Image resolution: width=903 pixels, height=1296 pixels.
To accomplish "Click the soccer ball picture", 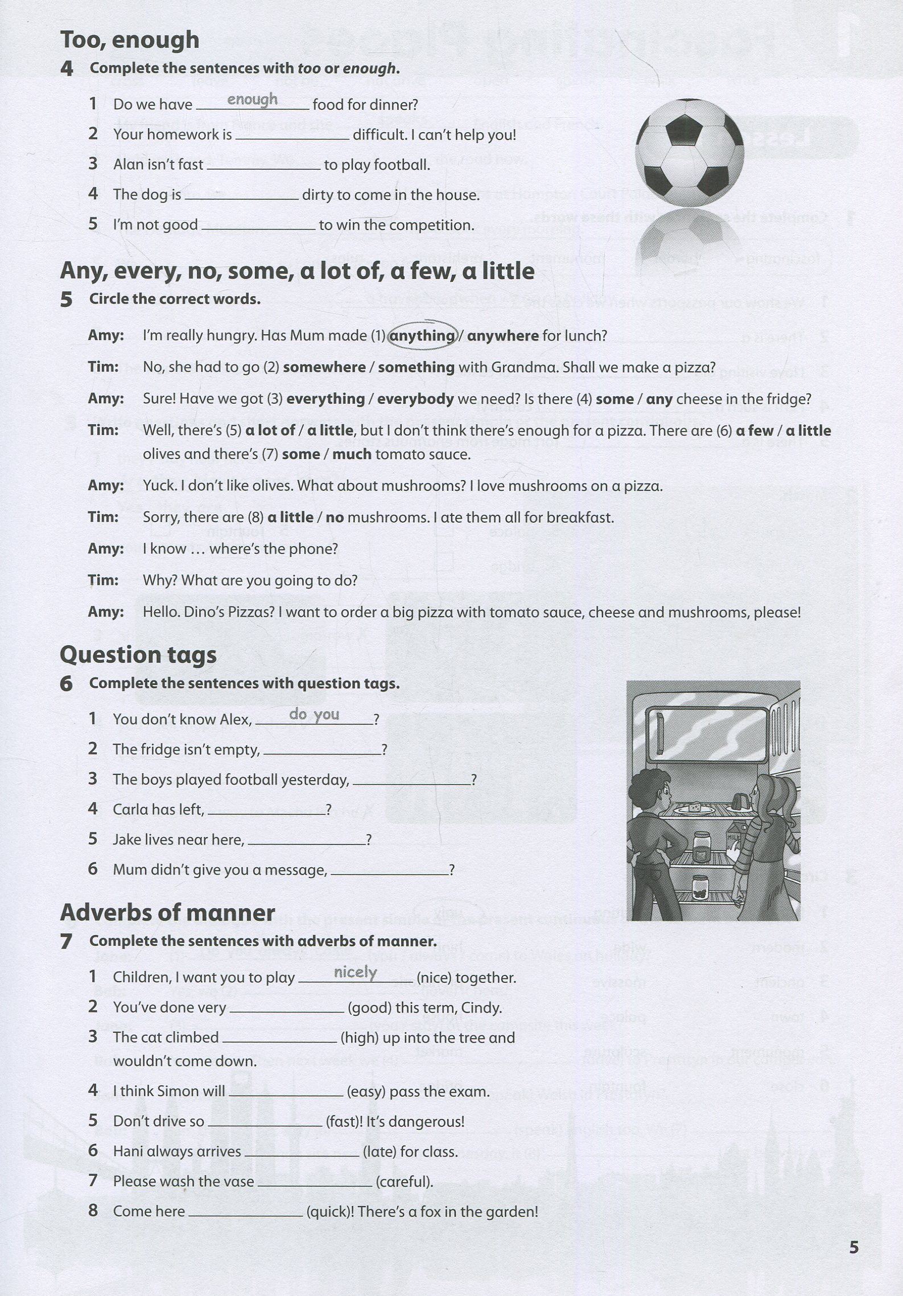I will coord(689,153).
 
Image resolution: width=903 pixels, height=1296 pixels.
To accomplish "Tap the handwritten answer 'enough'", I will coord(252,100).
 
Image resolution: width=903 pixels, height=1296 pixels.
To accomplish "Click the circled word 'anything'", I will coord(422,336).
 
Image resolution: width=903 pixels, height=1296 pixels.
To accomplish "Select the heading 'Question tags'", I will coord(138,655).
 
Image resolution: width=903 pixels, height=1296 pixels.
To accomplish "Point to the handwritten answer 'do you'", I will coord(314,714).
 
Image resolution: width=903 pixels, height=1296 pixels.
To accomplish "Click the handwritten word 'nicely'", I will coord(356,972).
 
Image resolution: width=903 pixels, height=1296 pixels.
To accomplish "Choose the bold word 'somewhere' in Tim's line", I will coord(324,367).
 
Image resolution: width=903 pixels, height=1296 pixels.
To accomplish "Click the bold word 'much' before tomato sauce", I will coord(352,454).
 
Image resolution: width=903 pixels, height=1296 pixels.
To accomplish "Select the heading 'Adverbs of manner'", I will coord(167,913).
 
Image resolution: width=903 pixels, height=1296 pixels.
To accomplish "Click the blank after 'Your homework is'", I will coord(292,136).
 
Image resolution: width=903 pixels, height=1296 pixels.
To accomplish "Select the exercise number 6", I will coord(67,684).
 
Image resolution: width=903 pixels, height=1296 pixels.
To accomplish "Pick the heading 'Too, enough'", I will coord(130,40).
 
